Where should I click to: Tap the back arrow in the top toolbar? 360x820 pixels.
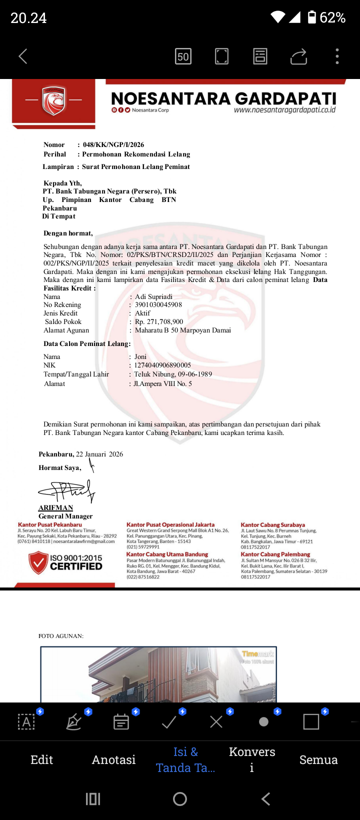(23, 56)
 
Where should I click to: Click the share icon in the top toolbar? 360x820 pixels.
(298, 56)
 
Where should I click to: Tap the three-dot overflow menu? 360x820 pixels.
(337, 56)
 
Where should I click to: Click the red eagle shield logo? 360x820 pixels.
(54, 100)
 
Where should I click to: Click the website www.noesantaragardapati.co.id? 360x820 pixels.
(284, 110)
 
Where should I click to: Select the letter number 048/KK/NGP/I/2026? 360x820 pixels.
(113, 144)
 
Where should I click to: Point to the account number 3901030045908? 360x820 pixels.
(158, 304)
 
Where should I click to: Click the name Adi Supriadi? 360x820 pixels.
(153, 296)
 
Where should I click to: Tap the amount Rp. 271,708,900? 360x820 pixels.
(159, 321)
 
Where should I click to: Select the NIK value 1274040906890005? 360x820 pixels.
(162, 365)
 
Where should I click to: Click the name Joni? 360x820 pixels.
(140, 357)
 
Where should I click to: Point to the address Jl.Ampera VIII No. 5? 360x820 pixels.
(162, 384)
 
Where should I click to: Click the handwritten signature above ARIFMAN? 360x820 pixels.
(67, 491)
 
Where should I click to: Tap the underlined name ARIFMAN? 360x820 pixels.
(55, 507)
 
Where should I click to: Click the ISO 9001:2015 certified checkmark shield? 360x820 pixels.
(38, 562)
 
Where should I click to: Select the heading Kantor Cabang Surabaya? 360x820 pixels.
(272, 525)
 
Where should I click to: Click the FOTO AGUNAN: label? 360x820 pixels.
(61, 636)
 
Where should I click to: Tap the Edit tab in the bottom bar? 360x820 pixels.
(41, 759)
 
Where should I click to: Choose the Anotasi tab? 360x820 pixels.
(113, 759)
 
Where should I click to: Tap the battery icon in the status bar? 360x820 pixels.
(312, 17)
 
